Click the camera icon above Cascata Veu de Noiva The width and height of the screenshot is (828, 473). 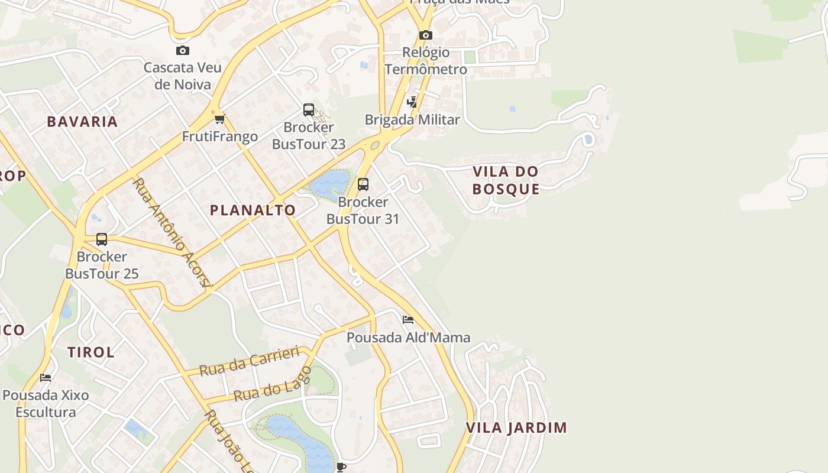coord(183,51)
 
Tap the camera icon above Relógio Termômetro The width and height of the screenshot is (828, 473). coord(425,35)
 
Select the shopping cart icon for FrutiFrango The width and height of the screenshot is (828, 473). coord(220,119)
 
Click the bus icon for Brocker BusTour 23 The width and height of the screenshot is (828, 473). coord(309,110)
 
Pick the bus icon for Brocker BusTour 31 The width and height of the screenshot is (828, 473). coord(363,184)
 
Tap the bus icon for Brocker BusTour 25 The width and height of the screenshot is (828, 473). coord(102,239)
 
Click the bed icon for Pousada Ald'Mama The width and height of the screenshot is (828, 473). coord(407,320)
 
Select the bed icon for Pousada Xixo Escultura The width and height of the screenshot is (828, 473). coord(46,377)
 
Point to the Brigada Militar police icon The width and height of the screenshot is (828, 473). coord(412,102)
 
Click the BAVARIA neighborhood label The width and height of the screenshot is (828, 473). coord(82,122)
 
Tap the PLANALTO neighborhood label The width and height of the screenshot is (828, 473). coord(253,210)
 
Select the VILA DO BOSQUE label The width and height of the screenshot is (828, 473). coord(506,180)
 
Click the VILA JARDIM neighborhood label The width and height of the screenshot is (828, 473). coord(516,427)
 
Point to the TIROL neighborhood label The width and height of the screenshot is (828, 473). coord(90,352)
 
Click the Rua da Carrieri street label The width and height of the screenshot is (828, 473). coord(250,361)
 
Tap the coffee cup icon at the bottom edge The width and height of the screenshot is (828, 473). coord(341,467)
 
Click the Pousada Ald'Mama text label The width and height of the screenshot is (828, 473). coord(408,338)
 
